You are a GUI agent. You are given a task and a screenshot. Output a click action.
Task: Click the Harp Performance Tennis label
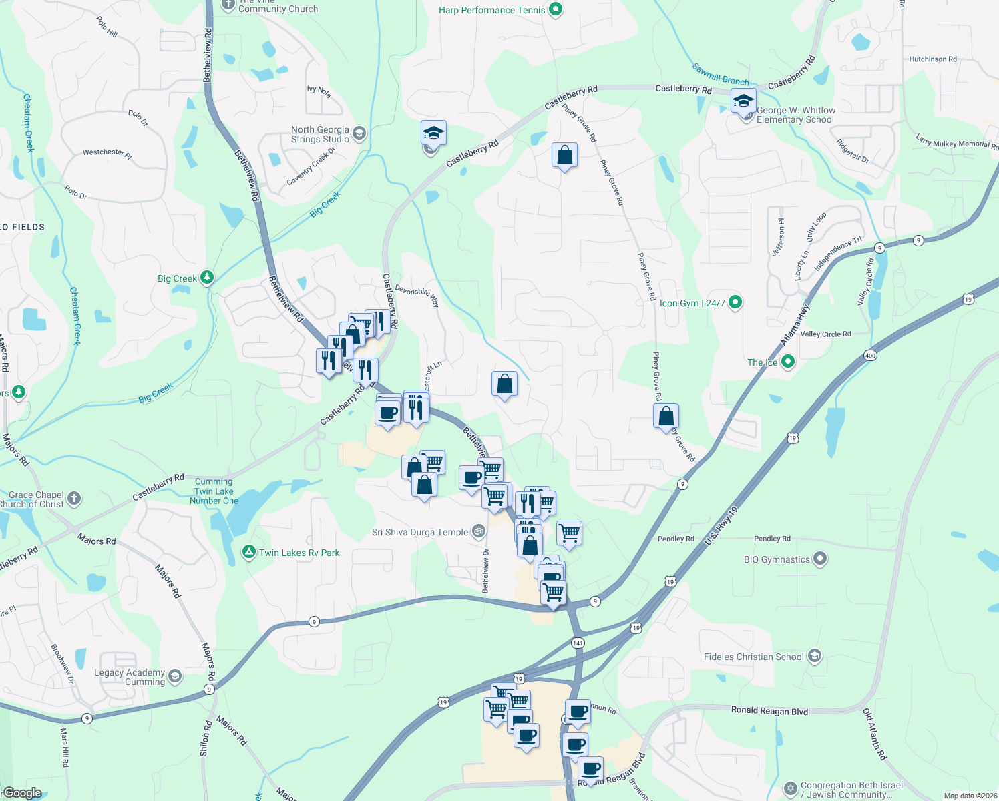point(491,10)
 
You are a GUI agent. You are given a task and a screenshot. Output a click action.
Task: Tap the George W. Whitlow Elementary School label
point(795,115)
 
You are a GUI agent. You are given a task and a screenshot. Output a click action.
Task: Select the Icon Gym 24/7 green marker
point(735,302)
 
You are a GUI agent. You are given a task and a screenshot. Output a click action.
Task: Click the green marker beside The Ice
point(788,362)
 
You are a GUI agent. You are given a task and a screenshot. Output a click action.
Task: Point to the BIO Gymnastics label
point(777,559)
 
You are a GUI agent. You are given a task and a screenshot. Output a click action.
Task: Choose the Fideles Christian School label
point(753,657)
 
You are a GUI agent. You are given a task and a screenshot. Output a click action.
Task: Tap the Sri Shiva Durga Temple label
point(420,532)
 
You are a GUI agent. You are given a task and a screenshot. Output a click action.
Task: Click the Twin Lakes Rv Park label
point(299,553)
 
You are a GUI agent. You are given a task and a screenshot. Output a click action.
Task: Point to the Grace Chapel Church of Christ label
point(36,499)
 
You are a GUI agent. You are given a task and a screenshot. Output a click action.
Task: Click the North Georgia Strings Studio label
point(320,134)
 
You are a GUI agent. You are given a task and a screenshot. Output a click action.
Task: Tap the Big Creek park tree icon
point(207,278)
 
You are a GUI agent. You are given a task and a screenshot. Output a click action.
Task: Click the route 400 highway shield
point(870,356)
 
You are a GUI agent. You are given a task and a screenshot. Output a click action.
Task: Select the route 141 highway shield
point(578,643)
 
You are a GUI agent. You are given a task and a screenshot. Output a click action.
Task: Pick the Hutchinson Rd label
point(932,59)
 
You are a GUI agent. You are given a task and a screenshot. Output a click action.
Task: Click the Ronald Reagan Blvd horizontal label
point(769,710)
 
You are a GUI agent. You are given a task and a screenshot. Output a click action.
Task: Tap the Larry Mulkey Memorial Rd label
point(957,143)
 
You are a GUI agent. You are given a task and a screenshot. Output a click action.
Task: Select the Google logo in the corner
point(22,792)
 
